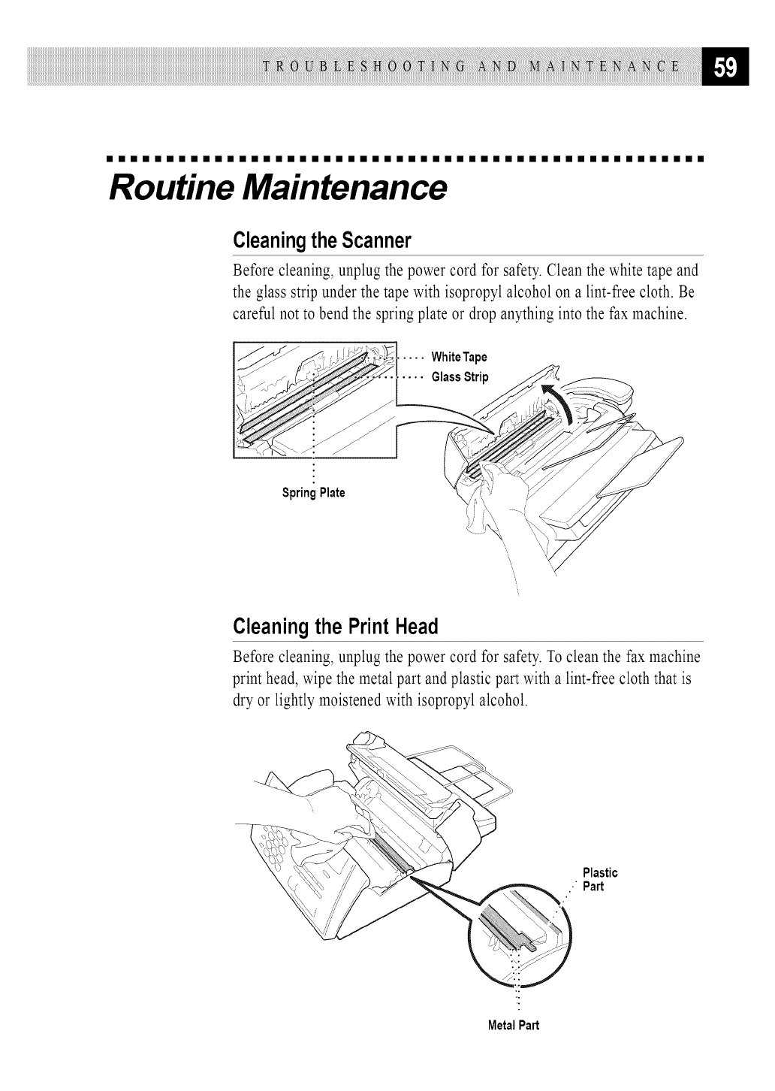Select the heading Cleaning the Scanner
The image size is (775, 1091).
[x=323, y=241]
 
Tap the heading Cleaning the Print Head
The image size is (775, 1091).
[x=335, y=626]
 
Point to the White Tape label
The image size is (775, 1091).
[x=459, y=356]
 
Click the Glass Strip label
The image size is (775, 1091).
[x=460, y=377]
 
